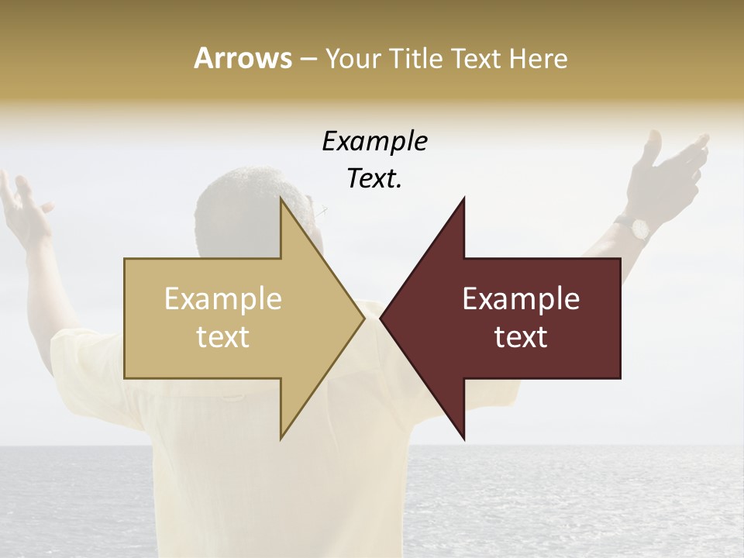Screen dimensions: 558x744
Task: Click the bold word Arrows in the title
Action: point(243,58)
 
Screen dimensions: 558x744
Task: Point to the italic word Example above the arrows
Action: point(374,142)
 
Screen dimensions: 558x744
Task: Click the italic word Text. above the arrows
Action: point(374,179)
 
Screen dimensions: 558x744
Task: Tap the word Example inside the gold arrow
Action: point(223,299)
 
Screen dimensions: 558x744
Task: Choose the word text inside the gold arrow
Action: point(223,337)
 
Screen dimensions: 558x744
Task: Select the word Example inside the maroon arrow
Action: point(521,299)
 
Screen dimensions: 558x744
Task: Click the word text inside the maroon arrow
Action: point(521,337)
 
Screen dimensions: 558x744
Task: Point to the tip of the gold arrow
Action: point(363,318)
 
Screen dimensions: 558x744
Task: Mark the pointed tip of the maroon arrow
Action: point(381,318)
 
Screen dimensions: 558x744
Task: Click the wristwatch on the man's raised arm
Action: point(639,228)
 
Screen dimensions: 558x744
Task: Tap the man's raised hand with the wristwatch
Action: point(670,167)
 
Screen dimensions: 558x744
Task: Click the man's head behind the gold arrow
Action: point(232,209)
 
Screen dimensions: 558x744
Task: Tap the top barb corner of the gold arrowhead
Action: point(281,197)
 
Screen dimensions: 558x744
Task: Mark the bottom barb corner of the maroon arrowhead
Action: point(464,439)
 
